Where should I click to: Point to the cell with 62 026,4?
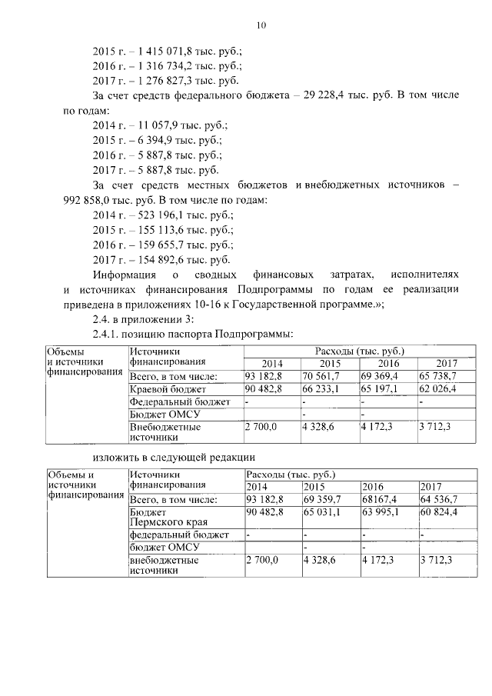[437, 389]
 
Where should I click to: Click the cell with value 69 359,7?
[322, 499]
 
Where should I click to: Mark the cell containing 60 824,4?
[439, 511]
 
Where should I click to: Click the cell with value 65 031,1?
[322, 511]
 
